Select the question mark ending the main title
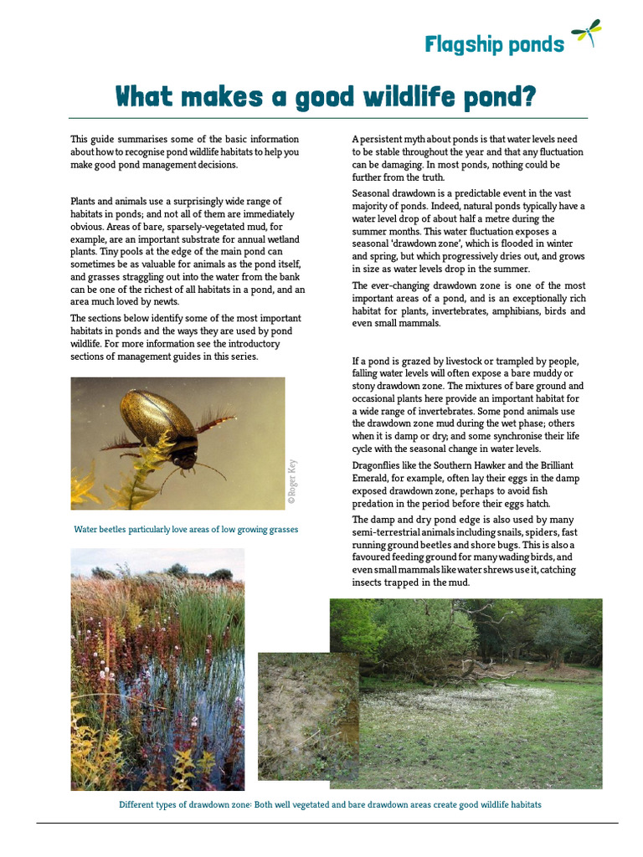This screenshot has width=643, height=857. [527, 97]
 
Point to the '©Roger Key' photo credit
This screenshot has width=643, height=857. [291, 484]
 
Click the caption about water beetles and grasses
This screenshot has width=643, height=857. [186, 530]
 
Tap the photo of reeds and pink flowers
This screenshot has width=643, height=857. [157, 669]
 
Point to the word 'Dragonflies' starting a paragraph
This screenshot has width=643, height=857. [378, 465]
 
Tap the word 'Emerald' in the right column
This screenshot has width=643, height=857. [372, 479]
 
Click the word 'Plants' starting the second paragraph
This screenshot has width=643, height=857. [85, 202]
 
